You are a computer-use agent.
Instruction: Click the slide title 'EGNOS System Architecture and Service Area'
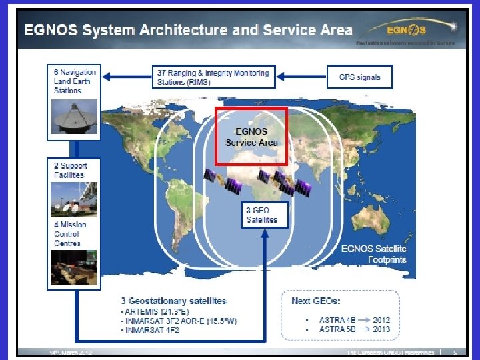pyautogui.click(x=188, y=30)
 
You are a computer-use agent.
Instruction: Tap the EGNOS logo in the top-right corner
pyautogui.click(x=407, y=29)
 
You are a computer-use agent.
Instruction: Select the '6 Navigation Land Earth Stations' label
pyautogui.click(x=75, y=81)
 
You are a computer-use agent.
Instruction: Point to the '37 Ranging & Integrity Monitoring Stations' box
pyautogui.click(x=213, y=77)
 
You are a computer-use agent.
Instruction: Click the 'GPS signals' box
pyautogui.click(x=359, y=77)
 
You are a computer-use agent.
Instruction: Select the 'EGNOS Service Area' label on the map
pyautogui.click(x=251, y=137)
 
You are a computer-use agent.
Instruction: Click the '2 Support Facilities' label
pyautogui.click(x=70, y=170)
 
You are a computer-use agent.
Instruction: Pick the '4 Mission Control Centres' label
pyautogui.click(x=70, y=234)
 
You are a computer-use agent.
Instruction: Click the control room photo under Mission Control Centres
pyautogui.click(x=74, y=267)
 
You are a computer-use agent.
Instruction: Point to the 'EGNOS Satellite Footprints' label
pyautogui.click(x=373, y=254)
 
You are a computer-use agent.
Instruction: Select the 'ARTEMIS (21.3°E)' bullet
pyautogui.click(x=154, y=311)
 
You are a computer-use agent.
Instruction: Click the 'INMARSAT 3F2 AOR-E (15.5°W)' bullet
pyautogui.click(x=180, y=321)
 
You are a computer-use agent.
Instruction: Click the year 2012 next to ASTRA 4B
pyautogui.click(x=381, y=319)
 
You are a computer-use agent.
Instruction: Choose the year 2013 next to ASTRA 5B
pyautogui.click(x=381, y=329)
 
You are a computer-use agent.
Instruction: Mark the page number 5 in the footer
pyautogui.click(x=455, y=352)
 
